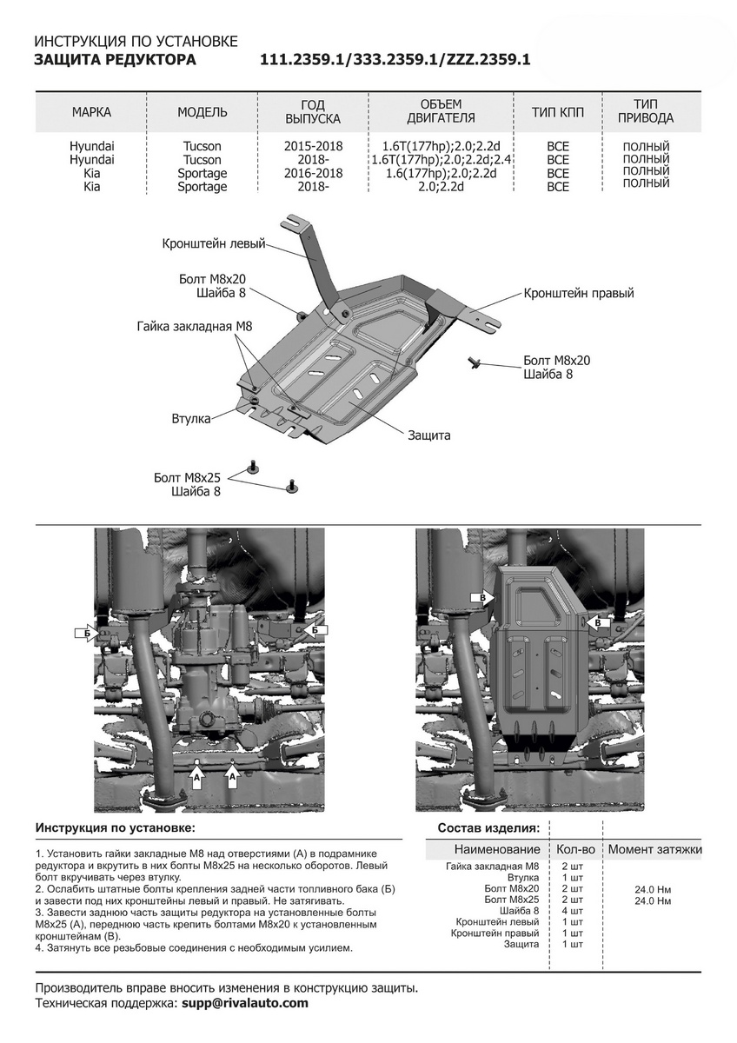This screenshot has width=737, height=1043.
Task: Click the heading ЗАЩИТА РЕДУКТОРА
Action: pos(115,59)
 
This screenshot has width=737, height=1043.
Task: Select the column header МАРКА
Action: pos(91,112)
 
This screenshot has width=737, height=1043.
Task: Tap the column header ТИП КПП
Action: pos(557,112)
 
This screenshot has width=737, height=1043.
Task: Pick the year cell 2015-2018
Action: pos(313,147)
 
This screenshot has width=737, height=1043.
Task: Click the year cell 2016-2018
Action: pos(313,173)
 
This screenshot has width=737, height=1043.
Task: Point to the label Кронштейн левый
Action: pos(213,244)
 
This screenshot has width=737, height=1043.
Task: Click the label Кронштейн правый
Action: pos(579,294)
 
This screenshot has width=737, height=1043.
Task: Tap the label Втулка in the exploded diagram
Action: pos(191,419)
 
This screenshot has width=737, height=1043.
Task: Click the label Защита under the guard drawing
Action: pos(429,435)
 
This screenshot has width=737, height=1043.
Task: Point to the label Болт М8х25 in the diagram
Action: pos(188,478)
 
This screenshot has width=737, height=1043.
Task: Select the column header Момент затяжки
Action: pos(654,849)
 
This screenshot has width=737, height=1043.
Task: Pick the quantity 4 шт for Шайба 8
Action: pos(572,911)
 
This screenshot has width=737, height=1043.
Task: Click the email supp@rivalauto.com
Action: pos(244,1003)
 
